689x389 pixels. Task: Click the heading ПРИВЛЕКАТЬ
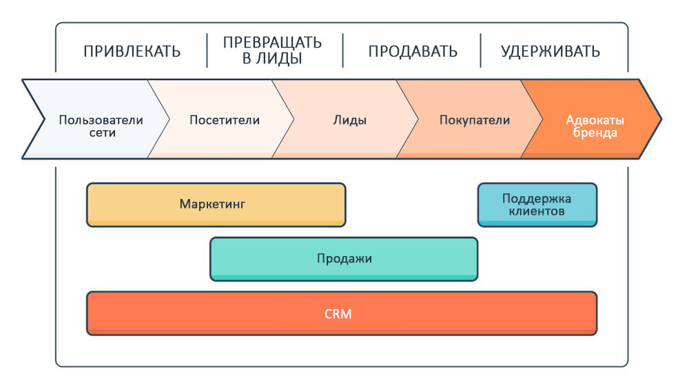click(x=132, y=52)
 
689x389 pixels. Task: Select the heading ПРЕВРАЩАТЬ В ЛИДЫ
click(x=272, y=50)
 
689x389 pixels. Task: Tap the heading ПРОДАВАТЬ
click(x=413, y=52)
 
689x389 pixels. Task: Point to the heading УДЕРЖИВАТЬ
click(x=550, y=52)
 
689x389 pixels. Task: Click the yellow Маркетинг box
click(x=216, y=204)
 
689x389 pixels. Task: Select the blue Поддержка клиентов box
click(x=537, y=204)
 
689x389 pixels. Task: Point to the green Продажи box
click(x=344, y=259)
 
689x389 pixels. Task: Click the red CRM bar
click(x=342, y=313)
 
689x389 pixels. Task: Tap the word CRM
click(x=338, y=314)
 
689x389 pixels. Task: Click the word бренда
click(x=595, y=133)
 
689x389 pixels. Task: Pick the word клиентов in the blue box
click(x=537, y=211)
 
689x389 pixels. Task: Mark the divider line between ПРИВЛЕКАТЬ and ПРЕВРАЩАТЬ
click(x=207, y=50)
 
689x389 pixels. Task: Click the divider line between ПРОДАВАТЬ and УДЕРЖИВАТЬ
click(x=480, y=50)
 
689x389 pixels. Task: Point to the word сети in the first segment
click(x=103, y=133)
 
